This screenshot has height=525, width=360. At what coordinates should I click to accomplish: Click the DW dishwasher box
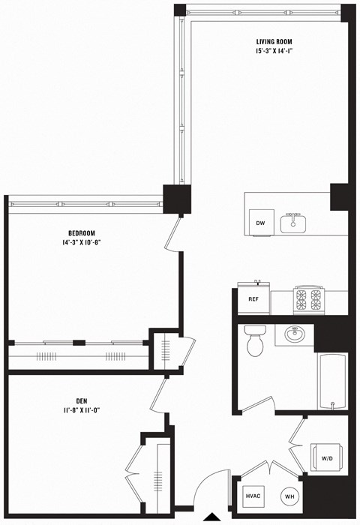(x=260, y=223)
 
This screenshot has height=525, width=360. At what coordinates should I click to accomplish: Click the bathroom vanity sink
(x=294, y=334)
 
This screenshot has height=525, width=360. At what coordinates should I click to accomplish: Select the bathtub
(x=331, y=379)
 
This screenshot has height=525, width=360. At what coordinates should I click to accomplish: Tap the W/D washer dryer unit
(x=328, y=457)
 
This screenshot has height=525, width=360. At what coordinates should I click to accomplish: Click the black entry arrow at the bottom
(x=213, y=517)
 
